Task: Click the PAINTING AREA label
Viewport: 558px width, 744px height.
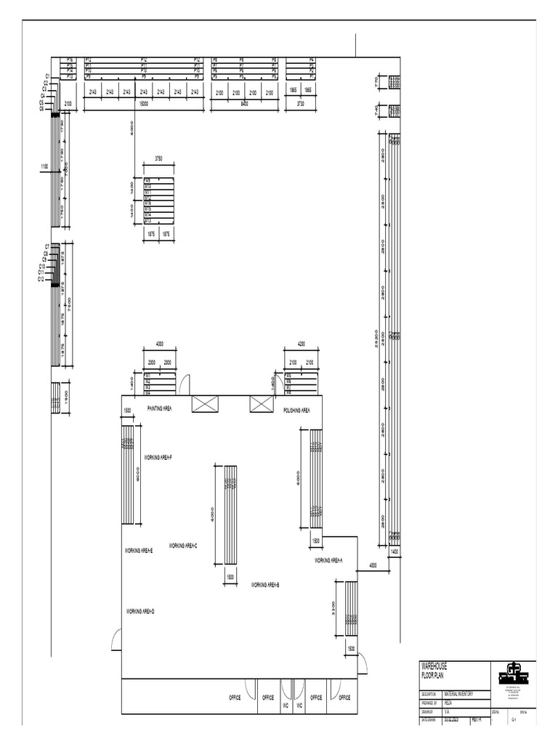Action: (160, 410)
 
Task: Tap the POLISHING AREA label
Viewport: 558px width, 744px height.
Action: (296, 411)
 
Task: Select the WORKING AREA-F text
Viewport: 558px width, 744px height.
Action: (158, 458)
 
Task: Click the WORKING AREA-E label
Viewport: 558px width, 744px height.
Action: (138, 551)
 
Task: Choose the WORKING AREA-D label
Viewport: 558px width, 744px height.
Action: (140, 612)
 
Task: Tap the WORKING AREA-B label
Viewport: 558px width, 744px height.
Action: (265, 585)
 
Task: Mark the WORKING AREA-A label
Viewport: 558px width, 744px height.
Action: (328, 561)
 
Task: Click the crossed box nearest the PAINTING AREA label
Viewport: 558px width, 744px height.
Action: (205, 405)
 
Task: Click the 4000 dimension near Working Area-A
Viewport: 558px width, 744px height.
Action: (373, 565)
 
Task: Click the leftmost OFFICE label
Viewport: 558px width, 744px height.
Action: (235, 697)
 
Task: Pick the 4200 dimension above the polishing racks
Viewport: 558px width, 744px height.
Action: (301, 344)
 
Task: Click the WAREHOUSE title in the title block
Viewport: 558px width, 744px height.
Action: (434, 666)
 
